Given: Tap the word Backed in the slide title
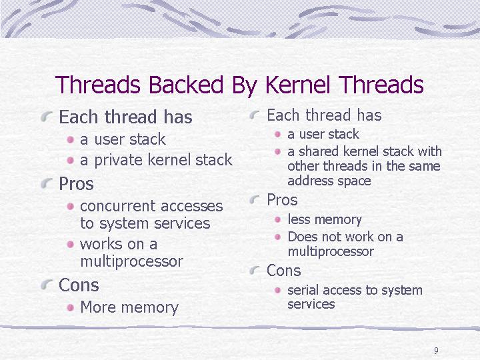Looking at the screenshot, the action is point(186,85).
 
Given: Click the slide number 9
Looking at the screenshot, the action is point(436,351).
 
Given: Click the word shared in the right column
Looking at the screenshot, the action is point(319,151).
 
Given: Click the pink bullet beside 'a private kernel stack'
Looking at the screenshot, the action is point(71,160).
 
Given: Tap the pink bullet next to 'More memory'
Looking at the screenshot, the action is point(71,307).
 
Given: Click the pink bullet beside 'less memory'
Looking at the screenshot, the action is point(277,219).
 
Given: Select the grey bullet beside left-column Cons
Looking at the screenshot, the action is point(46,285).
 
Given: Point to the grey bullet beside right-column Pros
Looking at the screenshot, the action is point(255,199).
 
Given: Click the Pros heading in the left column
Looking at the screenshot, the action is point(76,184).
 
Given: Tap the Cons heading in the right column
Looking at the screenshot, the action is point(283,271).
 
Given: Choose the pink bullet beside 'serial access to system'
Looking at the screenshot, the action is point(277,290).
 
